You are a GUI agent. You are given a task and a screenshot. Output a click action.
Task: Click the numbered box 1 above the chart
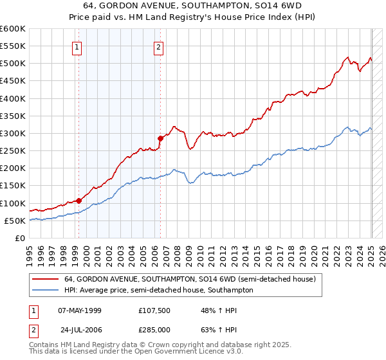(77, 46)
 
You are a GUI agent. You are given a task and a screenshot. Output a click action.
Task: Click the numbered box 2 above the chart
(158, 46)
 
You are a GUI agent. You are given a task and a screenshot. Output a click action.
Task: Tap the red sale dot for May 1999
(78, 200)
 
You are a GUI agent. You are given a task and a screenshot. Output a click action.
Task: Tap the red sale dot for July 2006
(160, 138)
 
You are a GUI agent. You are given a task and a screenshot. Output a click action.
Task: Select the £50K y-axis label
(15, 221)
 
